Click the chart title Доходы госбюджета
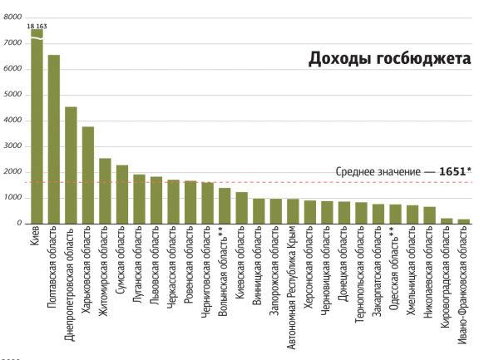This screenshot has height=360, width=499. click(389, 59)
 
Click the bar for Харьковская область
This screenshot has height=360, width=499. click(88, 174)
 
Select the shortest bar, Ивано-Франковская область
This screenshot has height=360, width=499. click(464, 220)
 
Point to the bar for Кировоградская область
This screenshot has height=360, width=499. click(447, 219)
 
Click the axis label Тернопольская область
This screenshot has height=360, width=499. click(361, 265)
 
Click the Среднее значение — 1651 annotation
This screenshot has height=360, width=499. click(404, 170)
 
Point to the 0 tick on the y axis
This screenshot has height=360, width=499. click(18, 223)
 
